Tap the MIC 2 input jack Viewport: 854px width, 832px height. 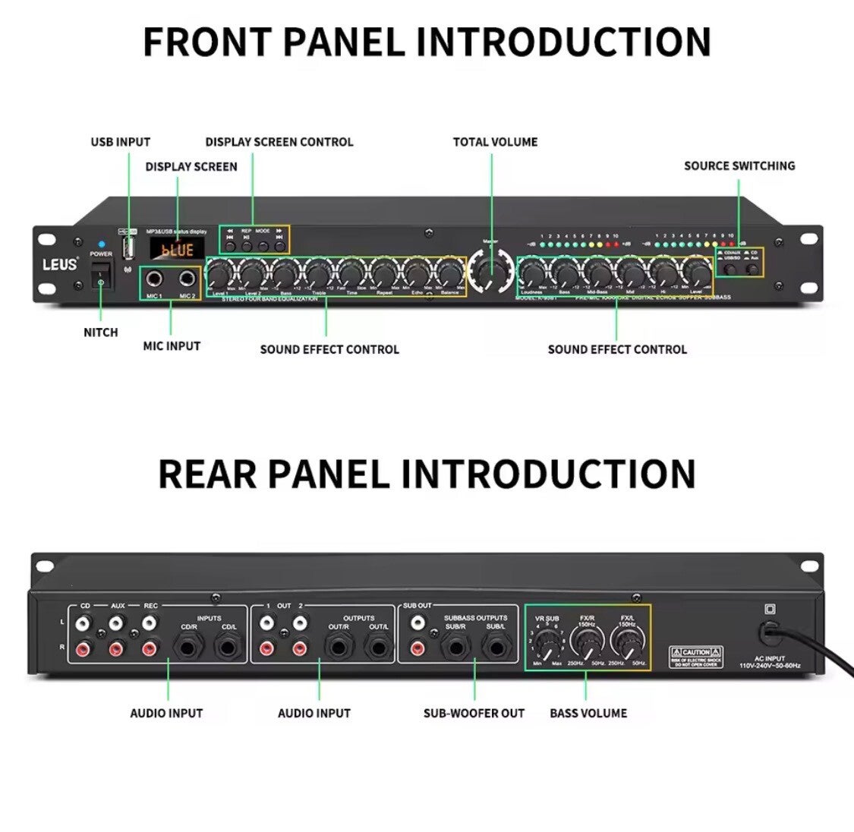point(186,279)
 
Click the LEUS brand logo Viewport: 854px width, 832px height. point(59,265)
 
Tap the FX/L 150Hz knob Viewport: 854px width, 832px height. point(628,644)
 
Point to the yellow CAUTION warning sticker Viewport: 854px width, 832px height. point(696,657)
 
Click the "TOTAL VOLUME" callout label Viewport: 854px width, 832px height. point(495,142)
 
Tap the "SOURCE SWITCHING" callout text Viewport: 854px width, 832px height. point(739,165)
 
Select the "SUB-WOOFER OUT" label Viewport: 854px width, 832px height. point(474,713)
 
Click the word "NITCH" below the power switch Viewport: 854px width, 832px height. point(101,332)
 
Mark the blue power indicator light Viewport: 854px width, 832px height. point(101,244)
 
